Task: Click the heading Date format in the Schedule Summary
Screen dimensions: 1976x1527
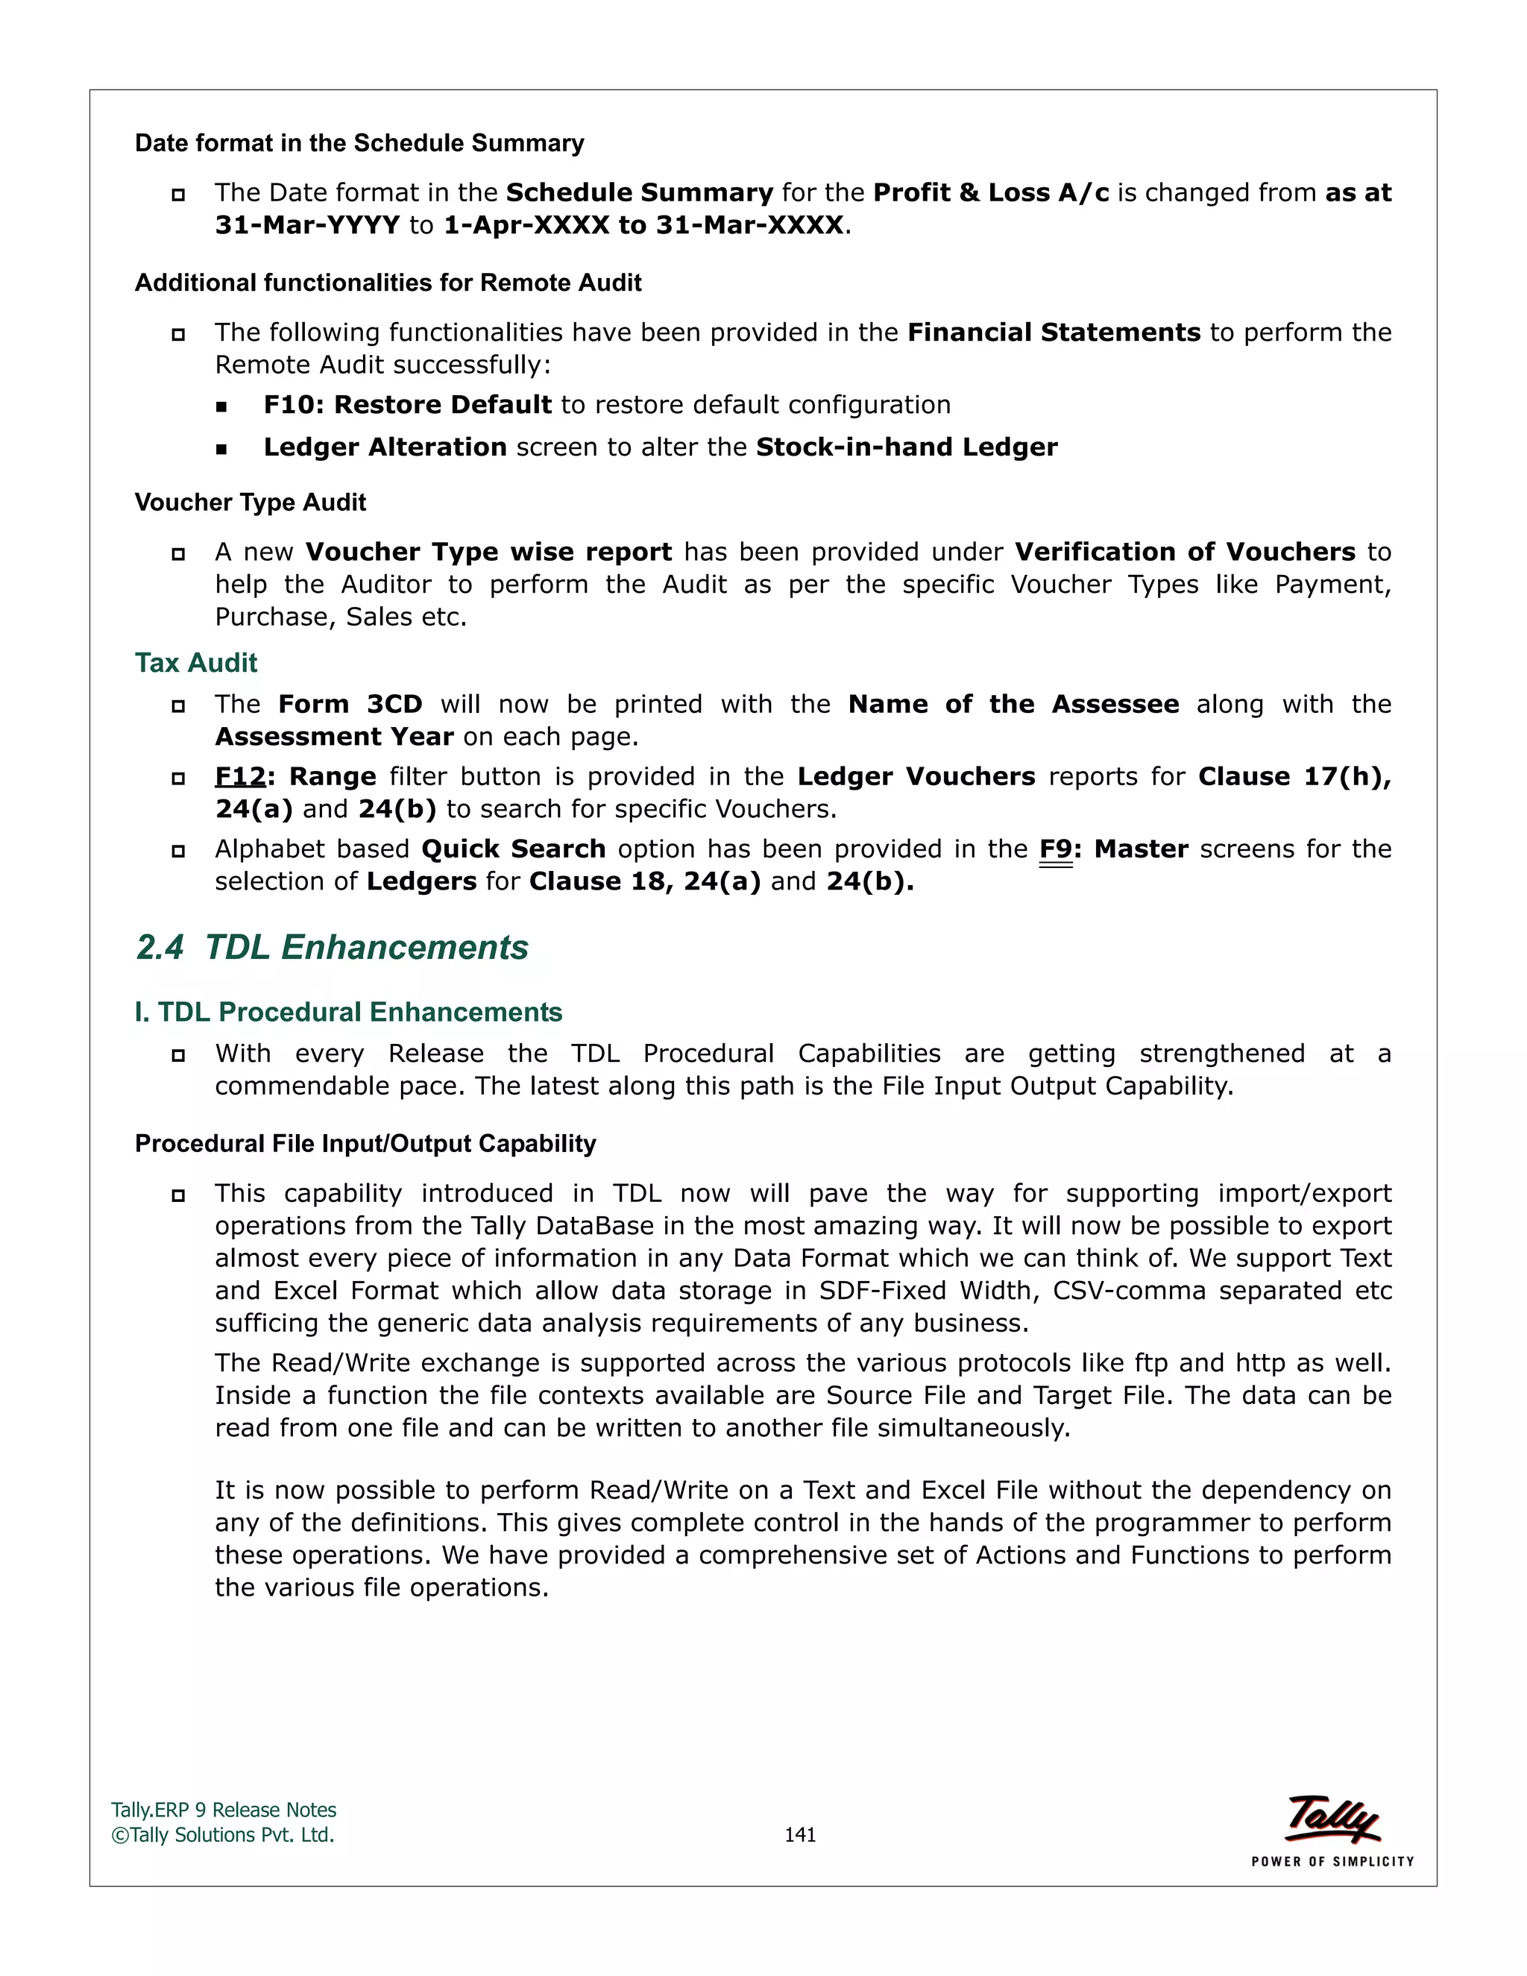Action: [359, 143]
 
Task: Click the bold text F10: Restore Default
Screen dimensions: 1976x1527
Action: [407, 404]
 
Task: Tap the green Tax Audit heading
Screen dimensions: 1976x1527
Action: [195, 662]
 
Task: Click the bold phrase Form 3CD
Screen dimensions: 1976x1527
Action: [350, 704]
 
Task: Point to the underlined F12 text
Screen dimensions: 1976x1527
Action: [240, 776]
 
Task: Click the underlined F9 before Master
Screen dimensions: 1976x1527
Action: [1055, 849]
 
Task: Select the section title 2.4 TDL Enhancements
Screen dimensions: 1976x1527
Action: [332, 947]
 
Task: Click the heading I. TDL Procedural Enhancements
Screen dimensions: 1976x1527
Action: [348, 1012]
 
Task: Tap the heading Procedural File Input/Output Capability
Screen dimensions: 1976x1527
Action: [365, 1144]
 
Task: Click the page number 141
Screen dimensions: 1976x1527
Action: [800, 1835]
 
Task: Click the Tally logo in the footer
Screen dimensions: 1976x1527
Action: [1332, 1819]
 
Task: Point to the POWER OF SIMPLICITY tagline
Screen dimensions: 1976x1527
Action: [1332, 1861]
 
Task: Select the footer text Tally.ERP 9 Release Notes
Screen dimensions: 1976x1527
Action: [224, 1810]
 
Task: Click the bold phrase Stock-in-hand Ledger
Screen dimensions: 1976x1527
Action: [907, 447]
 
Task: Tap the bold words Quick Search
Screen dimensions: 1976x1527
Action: [513, 849]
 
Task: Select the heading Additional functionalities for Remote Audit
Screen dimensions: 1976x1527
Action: [388, 283]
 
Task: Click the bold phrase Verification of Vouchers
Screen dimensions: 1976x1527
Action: [1185, 552]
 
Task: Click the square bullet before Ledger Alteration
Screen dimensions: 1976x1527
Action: [221, 449]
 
